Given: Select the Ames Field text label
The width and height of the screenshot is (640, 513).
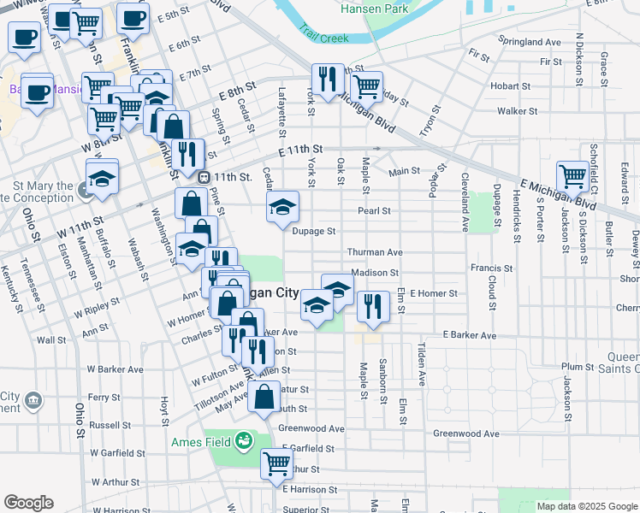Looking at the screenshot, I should (202, 441).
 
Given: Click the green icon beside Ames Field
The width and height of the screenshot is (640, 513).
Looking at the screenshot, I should (245, 440).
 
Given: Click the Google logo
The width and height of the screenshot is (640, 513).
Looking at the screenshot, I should (28, 503).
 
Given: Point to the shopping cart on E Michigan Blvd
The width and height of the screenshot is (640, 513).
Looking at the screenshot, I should (572, 176).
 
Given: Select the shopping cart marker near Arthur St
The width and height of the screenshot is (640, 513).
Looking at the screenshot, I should (276, 463).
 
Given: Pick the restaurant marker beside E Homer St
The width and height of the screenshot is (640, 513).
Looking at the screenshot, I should (372, 305).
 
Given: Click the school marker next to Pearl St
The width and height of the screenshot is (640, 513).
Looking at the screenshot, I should (282, 206).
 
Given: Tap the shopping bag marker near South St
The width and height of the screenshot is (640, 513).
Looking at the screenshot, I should (264, 396).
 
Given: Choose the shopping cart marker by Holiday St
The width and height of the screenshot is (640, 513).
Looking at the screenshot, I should (366, 85).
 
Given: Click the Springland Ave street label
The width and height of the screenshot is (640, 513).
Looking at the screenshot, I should (530, 41).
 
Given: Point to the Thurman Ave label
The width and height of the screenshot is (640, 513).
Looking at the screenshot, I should (374, 252).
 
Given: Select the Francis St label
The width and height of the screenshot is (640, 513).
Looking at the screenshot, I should (491, 268).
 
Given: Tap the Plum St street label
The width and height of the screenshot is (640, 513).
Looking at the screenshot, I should (578, 366).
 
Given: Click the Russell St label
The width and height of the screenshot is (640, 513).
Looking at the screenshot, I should (110, 424).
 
